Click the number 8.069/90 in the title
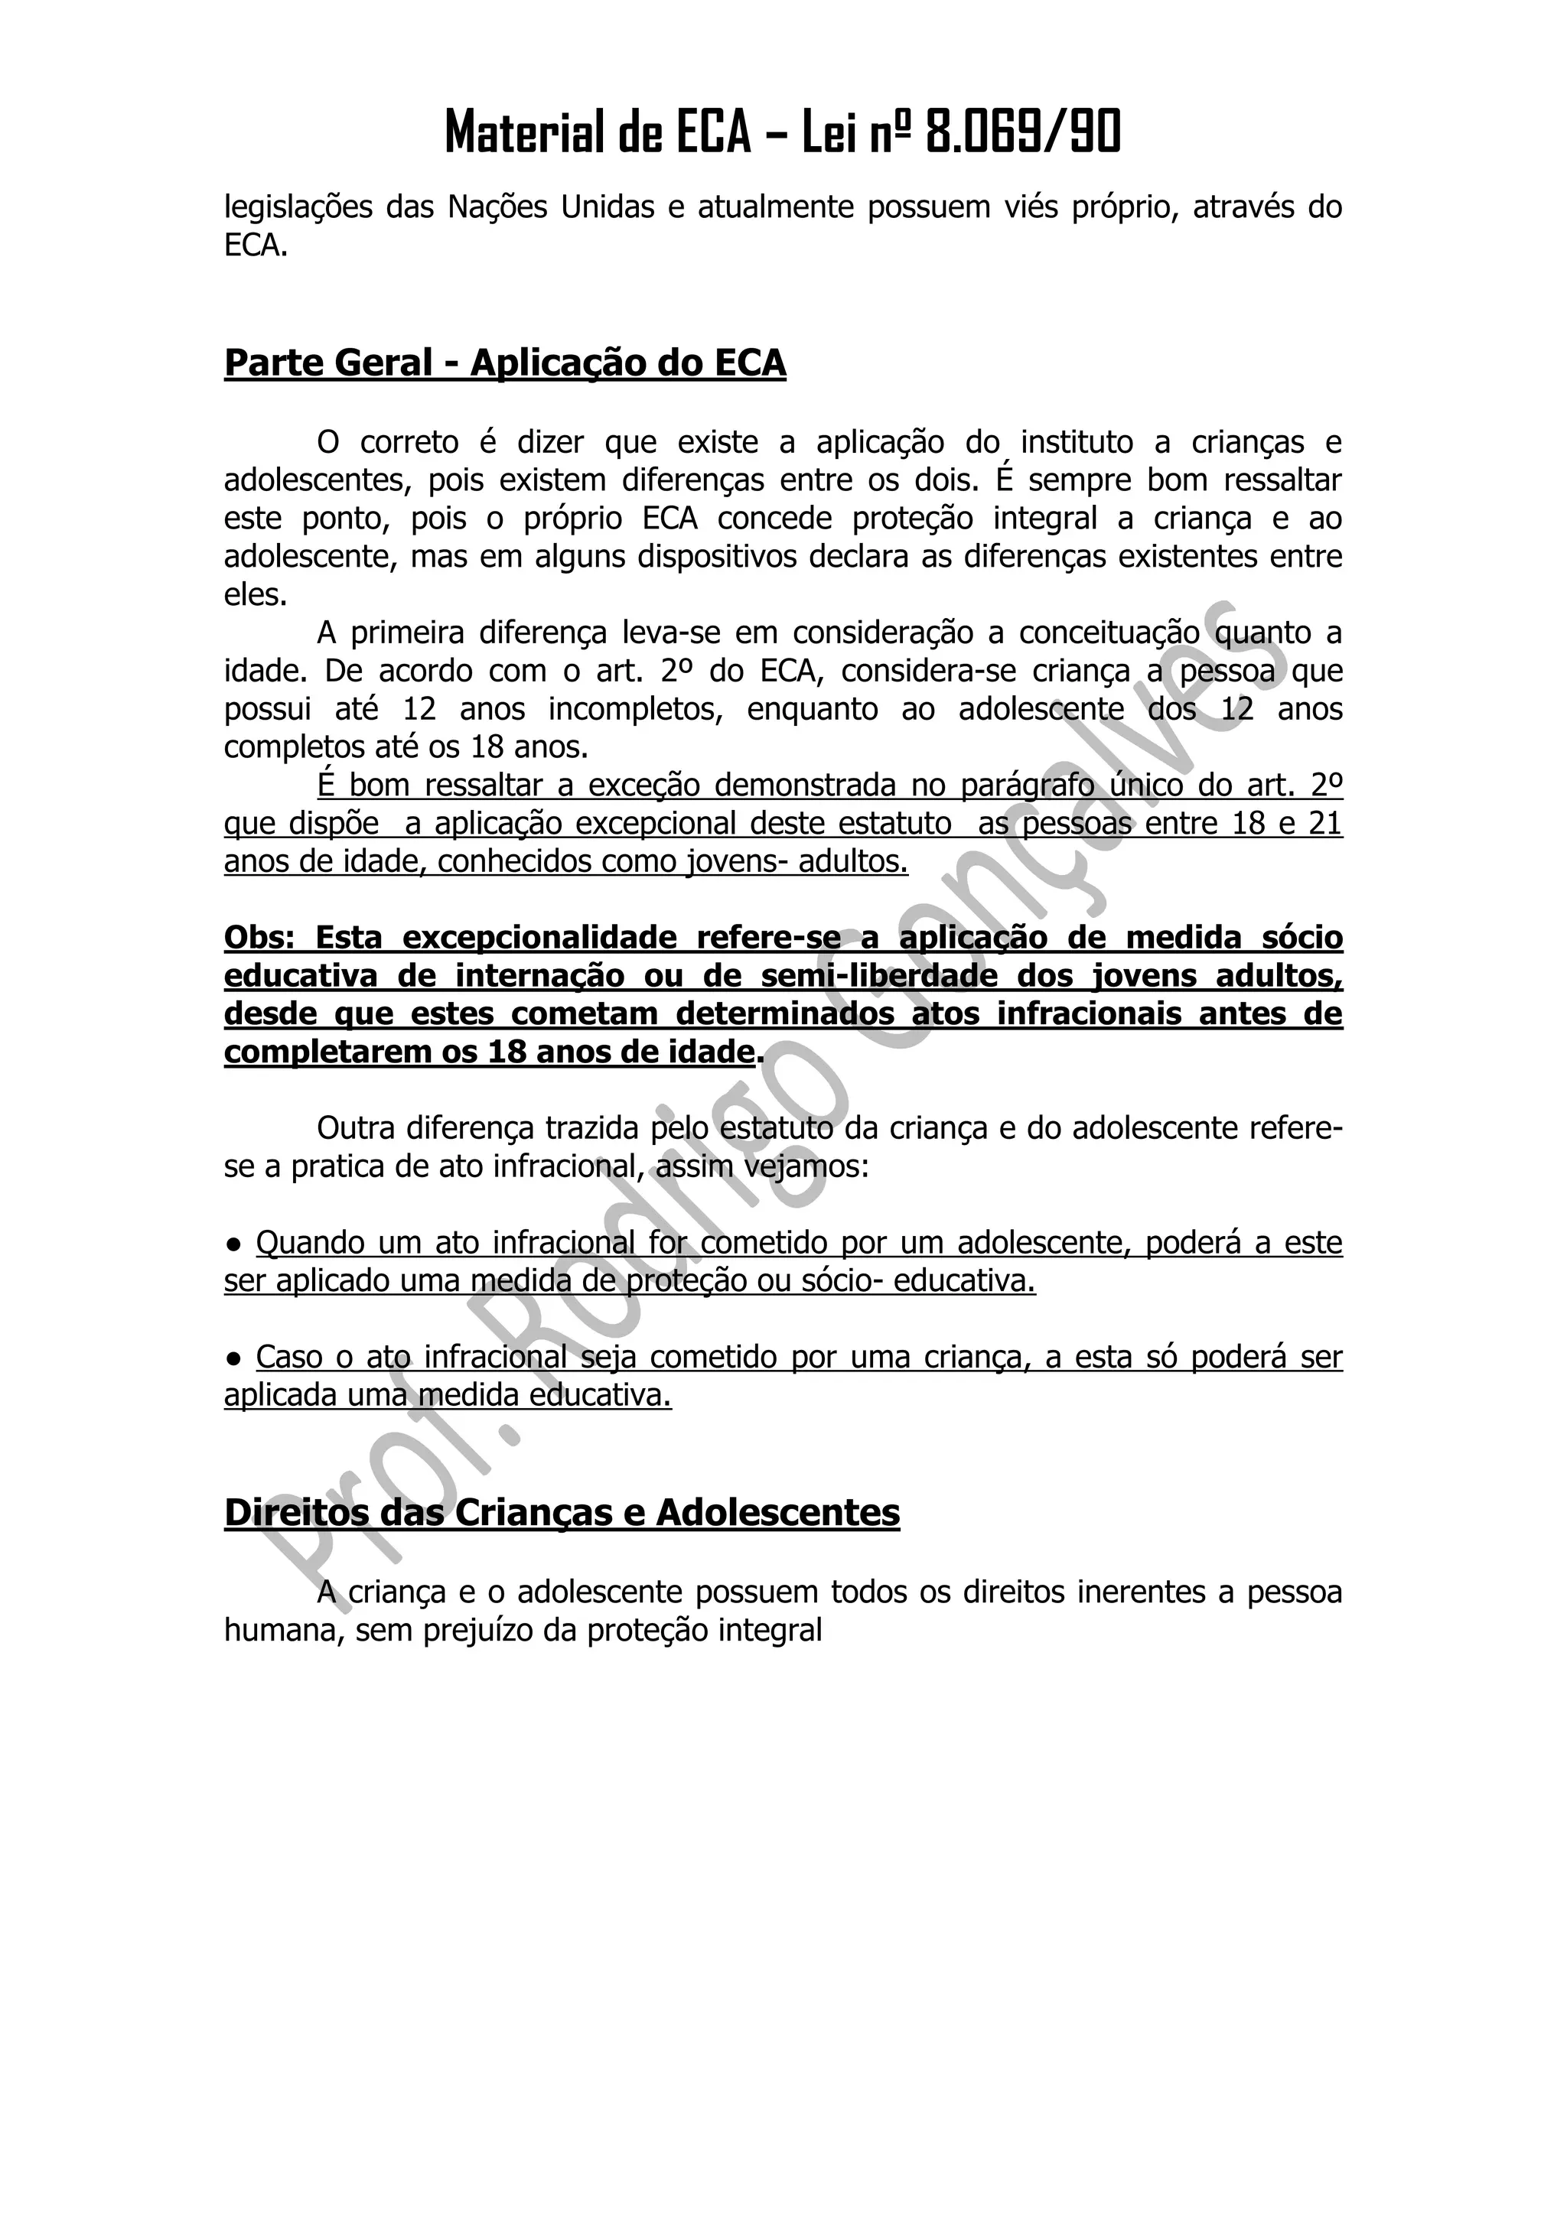coord(1023,132)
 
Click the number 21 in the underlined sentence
coord(1324,824)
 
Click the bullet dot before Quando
coord(233,1244)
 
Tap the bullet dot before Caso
coord(233,1358)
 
